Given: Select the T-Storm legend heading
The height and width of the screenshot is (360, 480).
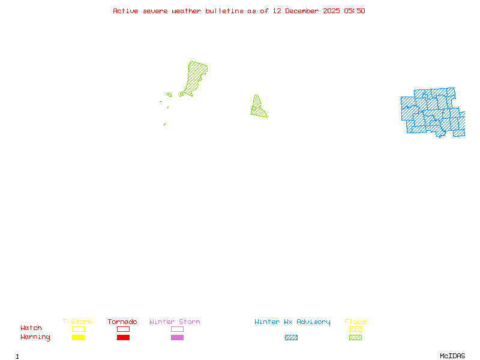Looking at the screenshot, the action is pos(77,322).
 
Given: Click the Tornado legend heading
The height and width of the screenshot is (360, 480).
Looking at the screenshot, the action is pos(122,322).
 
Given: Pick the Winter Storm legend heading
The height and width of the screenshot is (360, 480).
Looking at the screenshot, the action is pos(175,322).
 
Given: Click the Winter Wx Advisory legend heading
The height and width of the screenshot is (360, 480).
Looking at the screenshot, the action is pos(292,322).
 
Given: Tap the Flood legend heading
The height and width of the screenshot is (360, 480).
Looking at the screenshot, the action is pos(355,322).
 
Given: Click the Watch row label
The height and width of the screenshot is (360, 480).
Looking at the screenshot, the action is pos(31,328).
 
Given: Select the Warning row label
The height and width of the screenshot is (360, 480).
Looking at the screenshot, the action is pos(35,337).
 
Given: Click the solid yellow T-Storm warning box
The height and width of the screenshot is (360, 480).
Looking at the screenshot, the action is pos(78,338).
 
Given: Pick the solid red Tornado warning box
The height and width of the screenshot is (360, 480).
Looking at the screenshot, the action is pos(123,338).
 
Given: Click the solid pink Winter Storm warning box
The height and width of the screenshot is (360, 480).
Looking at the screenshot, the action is pos(177,338).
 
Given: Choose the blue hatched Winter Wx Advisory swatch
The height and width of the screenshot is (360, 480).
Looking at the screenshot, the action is pos(291,338).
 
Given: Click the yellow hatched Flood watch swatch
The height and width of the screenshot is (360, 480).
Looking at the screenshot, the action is pos(355,329).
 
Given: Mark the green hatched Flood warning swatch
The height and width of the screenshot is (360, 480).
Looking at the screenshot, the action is pos(355,338).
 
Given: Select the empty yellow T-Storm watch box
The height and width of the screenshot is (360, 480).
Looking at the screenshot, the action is pos(78,329).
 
